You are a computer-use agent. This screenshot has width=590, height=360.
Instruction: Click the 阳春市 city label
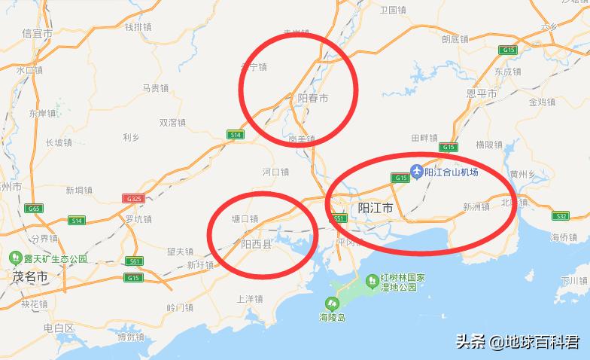[313, 99]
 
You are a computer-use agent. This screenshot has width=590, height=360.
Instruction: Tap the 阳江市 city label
[375, 208]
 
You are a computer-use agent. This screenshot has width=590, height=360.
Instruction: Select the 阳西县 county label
[256, 245]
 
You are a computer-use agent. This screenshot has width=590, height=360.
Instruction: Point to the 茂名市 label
[30, 276]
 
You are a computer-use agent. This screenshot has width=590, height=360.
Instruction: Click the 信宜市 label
[38, 34]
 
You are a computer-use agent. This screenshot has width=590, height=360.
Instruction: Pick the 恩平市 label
[482, 93]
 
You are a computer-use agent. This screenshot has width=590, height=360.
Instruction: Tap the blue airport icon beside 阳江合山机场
[415, 172]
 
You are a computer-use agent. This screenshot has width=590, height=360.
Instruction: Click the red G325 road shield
[134, 199]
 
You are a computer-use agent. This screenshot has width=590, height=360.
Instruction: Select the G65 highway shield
[34, 209]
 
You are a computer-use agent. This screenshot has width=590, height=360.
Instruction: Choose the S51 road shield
[339, 218]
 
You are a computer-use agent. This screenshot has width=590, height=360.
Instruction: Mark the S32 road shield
[561, 216]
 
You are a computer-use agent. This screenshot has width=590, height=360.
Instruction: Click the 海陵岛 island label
[330, 318]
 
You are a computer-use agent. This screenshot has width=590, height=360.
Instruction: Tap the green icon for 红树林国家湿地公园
[371, 281]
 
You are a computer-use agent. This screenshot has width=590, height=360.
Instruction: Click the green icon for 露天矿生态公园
[14, 258]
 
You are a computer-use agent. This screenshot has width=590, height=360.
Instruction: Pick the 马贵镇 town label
[155, 88]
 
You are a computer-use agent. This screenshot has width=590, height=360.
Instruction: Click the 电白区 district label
[59, 328]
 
